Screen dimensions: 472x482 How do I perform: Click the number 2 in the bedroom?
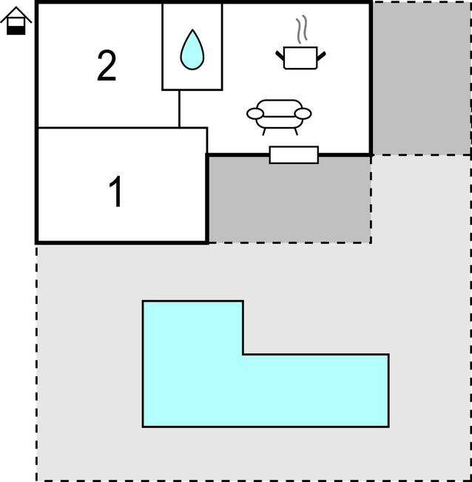tap(107, 66)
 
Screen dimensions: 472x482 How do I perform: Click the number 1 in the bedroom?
tap(116, 191)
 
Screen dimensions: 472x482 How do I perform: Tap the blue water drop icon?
tap(192, 50)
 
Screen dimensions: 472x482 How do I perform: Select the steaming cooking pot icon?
tap(300, 42)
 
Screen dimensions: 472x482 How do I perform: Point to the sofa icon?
tap(279, 117)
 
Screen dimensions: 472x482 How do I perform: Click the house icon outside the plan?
tap(16, 21)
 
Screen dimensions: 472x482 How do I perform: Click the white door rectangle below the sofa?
tap(294, 155)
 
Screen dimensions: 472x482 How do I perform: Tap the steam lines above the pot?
tap(302, 30)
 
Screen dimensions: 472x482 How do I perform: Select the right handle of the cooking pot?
tap(321, 56)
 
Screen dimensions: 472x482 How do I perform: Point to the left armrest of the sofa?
tap(255, 114)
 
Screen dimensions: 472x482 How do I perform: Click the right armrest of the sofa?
tap(303, 114)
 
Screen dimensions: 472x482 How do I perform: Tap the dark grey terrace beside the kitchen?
tap(421, 78)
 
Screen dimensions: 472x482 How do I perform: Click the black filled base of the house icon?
tap(16, 30)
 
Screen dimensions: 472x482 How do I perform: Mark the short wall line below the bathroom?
tap(179, 109)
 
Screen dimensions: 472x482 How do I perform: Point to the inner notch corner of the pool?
tap(243, 354)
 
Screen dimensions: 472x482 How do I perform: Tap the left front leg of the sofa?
tap(263, 132)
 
